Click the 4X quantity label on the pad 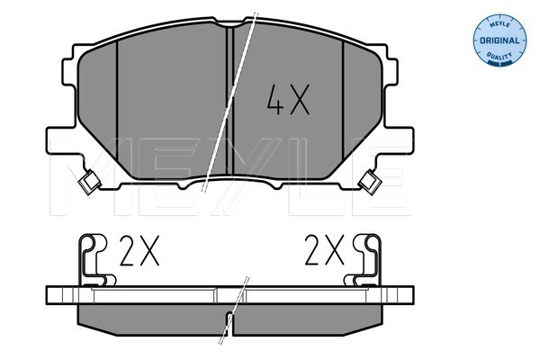(289, 99)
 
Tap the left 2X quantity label (139, 250)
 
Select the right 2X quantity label (324, 250)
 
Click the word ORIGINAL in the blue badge (499, 40)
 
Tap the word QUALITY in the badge (499, 55)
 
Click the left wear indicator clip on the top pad (89, 181)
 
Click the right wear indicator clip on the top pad (370, 182)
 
